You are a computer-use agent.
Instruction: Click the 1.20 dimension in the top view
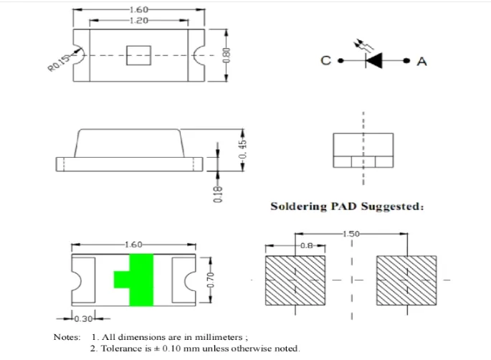click(x=138, y=21)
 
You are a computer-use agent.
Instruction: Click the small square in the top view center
click(x=136, y=55)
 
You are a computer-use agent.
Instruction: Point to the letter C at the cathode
click(x=325, y=62)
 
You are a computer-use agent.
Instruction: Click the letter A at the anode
click(x=421, y=62)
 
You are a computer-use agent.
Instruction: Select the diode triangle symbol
click(x=373, y=62)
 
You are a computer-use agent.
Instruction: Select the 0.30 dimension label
click(x=85, y=318)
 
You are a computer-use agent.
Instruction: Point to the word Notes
click(x=67, y=336)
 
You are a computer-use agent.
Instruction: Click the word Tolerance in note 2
click(x=124, y=349)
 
